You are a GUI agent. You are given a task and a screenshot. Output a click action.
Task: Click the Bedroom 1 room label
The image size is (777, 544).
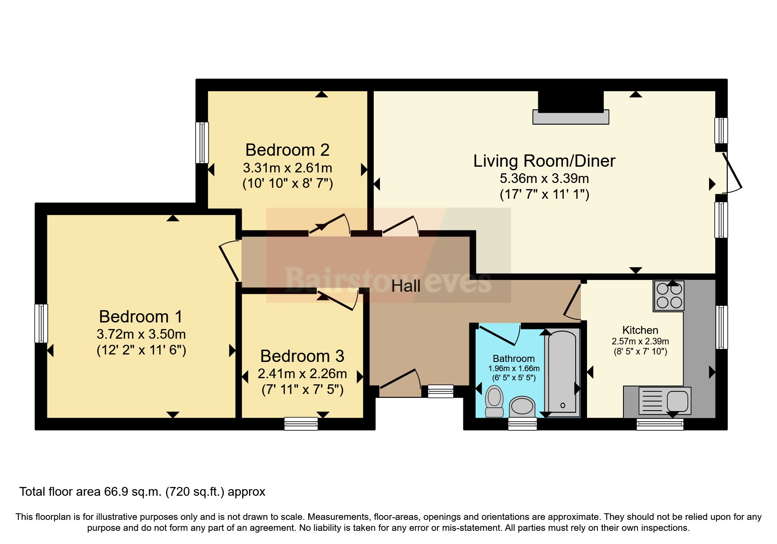(140, 316)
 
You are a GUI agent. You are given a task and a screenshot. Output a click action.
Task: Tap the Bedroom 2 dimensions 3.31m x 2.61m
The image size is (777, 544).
(287, 168)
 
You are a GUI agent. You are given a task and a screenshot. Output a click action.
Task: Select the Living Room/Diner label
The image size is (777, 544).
(544, 161)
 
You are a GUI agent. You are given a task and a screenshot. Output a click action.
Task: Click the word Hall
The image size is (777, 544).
(406, 286)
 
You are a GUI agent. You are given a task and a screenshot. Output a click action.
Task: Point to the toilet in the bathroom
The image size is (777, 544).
(494, 401)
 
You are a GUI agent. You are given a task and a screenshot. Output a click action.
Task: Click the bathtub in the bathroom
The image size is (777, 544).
(562, 372)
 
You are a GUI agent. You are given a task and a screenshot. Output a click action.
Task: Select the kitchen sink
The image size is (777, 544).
(665, 401)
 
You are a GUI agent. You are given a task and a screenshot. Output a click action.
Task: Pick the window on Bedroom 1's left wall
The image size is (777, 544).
(41, 323)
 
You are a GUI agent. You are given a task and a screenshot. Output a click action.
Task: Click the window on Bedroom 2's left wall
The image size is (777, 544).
(202, 143)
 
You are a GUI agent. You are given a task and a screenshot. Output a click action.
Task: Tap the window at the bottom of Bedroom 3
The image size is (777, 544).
(301, 424)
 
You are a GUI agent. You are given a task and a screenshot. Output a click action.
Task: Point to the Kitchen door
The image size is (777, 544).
(572, 303)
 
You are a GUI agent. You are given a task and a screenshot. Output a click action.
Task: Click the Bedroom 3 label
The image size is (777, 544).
(302, 356)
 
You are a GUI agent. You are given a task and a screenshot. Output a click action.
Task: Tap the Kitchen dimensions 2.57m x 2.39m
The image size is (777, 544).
(640, 341)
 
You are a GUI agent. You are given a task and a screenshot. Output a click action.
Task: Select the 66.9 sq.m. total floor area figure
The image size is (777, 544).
(132, 492)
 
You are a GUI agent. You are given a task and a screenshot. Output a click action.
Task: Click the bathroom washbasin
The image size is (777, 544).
(522, 407)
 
